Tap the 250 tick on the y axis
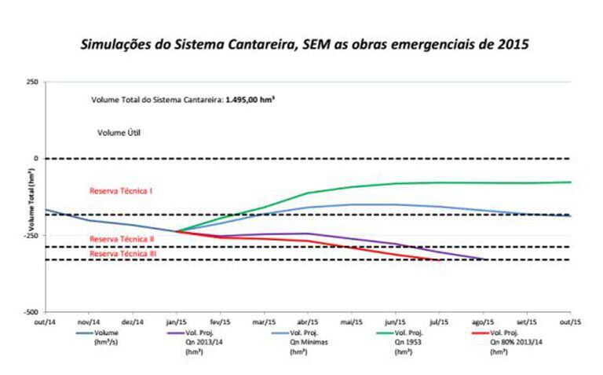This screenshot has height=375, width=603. click(x=31, y=82)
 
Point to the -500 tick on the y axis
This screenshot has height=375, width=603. click(x=30, y=312)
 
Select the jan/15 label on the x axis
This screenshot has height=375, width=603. click(x=177, y=322)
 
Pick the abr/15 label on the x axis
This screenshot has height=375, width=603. click(x=308, y=322)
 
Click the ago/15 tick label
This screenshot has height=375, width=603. click(x=483, y=322)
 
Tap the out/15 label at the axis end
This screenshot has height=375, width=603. click(x=570, y=322)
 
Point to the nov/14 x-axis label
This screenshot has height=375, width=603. click(x=90, y=322)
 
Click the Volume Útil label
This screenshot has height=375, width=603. click(x=119, y=133)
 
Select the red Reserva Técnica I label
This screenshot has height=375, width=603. click(x=121, y=191)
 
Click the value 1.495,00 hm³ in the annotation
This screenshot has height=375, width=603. click(x=251, y=101)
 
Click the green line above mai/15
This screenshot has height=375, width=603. click(x=352, y=186)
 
